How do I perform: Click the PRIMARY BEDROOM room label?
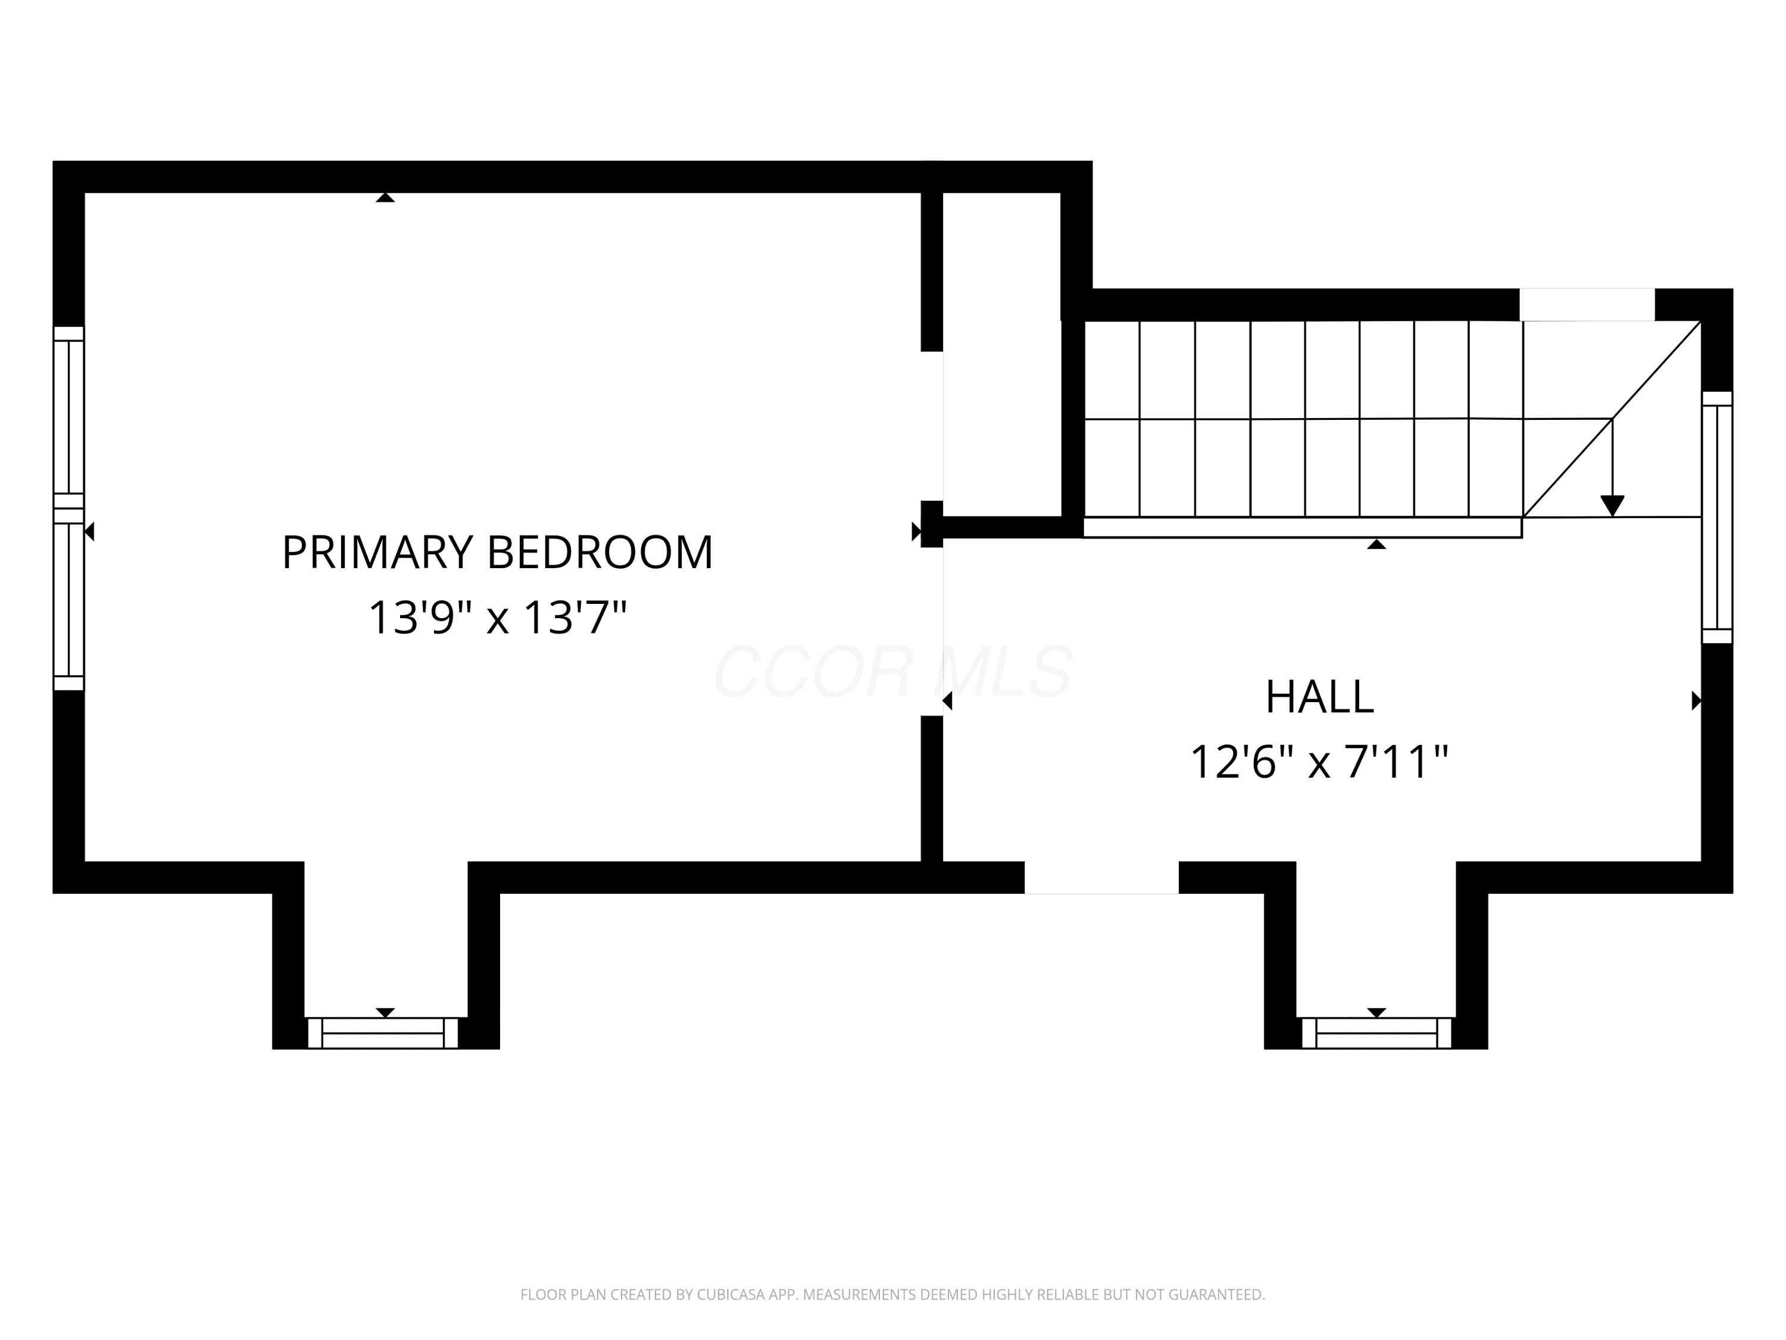[x=497, y=553]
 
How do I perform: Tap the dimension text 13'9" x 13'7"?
[x=497, y=618]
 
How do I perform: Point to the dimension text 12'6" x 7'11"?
[x=1319, y=762]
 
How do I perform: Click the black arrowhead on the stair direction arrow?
[x=1612, y=506]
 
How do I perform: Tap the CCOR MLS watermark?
[x=893, y=672]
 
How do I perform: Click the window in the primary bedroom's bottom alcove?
[x=383, y=1033]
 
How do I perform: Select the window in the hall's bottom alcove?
[x=1376, y=1033]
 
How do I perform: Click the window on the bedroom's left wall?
[x=68, y=509]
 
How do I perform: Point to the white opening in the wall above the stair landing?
[x=1587, y=304]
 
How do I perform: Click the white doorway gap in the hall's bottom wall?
[x=1101, y=877]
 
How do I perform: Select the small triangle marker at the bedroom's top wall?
[x=385, y=197]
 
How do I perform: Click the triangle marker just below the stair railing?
[x=1376, y=544]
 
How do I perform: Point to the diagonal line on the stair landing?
[x=1612, y=419]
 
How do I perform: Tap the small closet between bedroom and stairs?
[x=1001, y=354]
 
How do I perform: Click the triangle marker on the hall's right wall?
[x=1696, y=700]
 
